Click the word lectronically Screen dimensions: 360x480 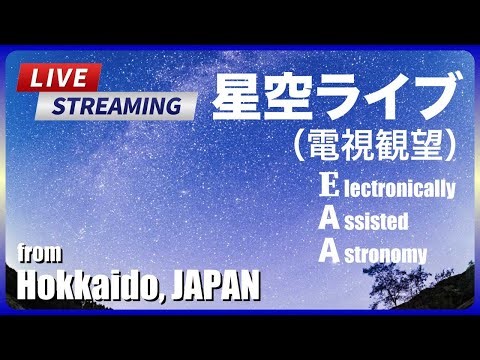(401, 188)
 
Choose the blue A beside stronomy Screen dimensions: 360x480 (330, 252)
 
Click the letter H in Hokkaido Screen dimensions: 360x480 (27, 286)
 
